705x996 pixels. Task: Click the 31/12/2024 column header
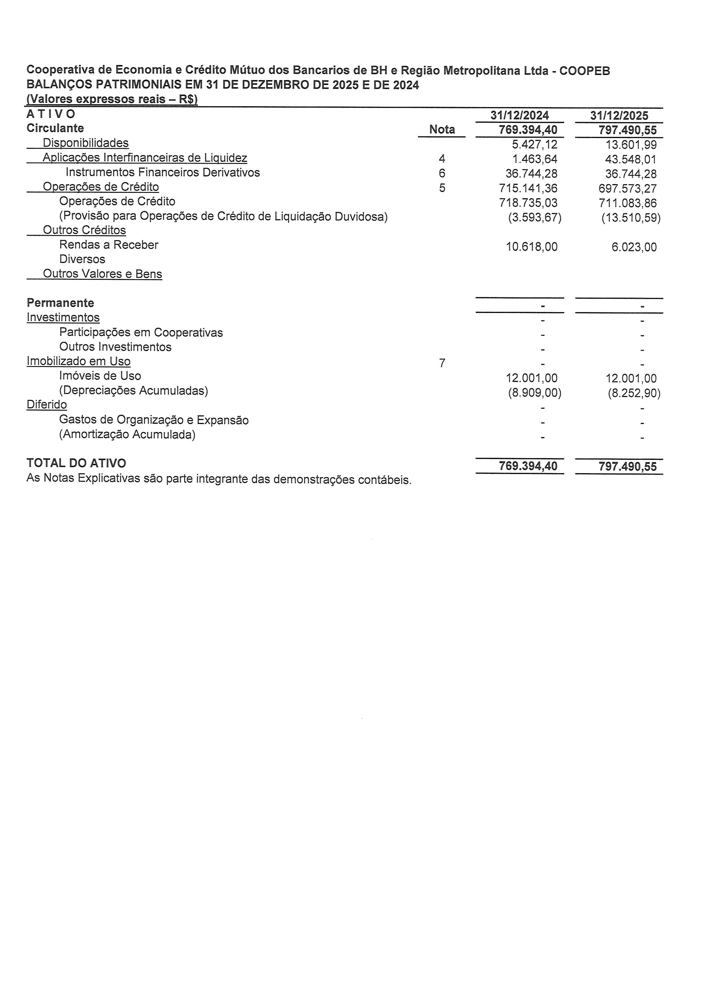click(x=520, y=115)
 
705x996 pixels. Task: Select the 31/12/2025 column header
click(x=619, y=115)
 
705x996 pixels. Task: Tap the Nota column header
click(x=442, y=129)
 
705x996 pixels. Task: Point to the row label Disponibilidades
click(x=86, y=143)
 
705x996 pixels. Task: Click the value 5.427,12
click(x=534, y=144)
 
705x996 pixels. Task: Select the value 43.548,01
click(x=631, y=159)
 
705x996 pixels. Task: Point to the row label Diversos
click(x=82, y=259)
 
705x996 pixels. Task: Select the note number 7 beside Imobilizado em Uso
click(x=442, y=363)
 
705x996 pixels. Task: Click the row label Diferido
click(x=47, y=405)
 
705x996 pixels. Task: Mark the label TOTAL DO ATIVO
click(x=76, y=463)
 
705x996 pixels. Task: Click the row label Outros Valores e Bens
click(x=102, y=274)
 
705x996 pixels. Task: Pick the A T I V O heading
click(x=51, y=114)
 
